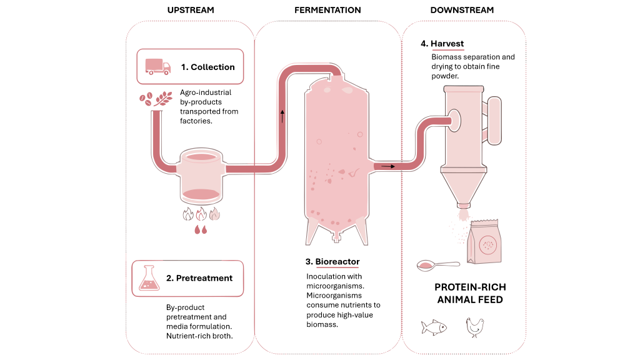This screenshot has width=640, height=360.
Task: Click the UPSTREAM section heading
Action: pos(191,10)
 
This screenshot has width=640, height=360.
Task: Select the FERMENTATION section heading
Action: pos(327,10)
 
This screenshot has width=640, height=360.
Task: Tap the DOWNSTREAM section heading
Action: pos(462,10)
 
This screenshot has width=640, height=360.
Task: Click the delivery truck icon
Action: pos(158,67)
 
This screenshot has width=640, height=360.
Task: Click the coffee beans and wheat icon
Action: pos(156,99)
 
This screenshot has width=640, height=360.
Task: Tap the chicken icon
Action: pos(474,327)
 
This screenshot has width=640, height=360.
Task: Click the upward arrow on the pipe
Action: pos(282,116)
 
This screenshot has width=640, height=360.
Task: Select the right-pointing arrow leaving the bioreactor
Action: pos(387,166)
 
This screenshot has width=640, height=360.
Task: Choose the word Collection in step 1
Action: pos(212,67)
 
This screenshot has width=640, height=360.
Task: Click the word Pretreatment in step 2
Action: pos(204,278)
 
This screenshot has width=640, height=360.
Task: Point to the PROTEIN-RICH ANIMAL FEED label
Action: pos(470,293)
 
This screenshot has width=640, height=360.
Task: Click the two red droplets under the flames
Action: pos(201,230)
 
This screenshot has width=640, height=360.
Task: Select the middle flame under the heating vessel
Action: pos(201,214)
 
